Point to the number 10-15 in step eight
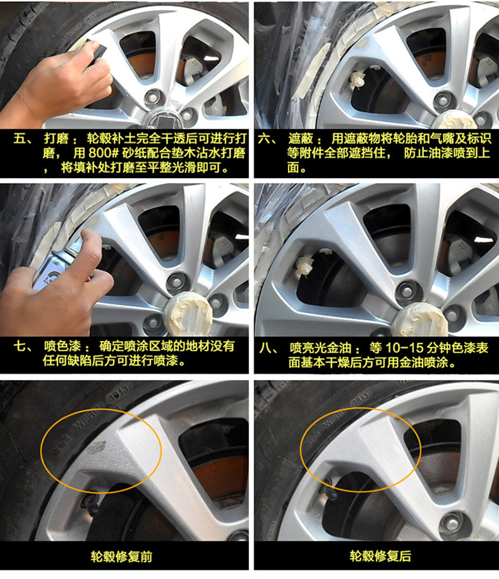[x=404, y=348]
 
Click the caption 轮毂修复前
[x=121, y=556]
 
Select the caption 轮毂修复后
[x=380, y=556]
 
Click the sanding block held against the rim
[x=95, y=54]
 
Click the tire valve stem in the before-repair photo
[x=93, y=504]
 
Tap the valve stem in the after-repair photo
[x=331, y=491]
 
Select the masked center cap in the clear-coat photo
[x=420, y=320]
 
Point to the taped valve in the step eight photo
[x=304, y=265]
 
